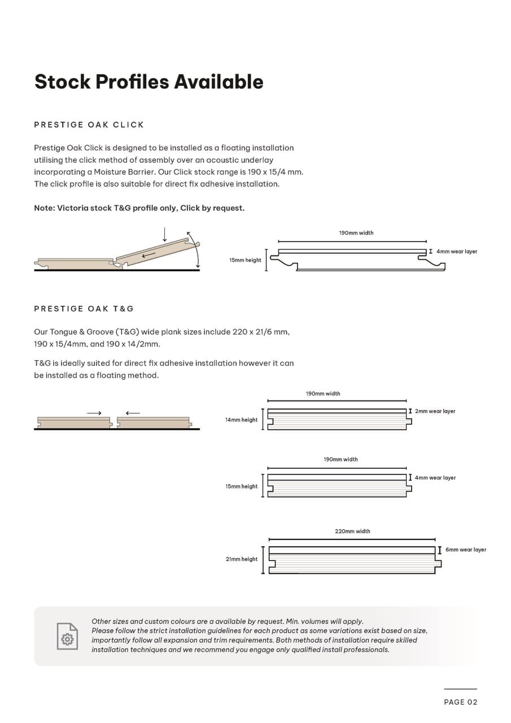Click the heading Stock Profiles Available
pos(149,82)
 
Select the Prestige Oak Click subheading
pos(89,124)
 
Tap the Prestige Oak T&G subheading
pos(84,308)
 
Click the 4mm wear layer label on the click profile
pos(456,251)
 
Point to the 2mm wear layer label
pos(435,411)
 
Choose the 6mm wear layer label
pos(465,550)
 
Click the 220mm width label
pos(352,531)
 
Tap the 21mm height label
pos(242,559)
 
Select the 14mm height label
pos(241,420)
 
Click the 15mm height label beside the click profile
pos(245,260)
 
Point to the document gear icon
pos(67,636)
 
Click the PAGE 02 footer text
pos(460,702)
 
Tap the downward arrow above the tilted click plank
pos(164,234)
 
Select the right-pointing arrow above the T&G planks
pos(94,413)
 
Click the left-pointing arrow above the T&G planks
pos(133,413)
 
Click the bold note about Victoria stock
pos(139,208)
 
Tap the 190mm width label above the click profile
pos(356,233)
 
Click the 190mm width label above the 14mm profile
pos(323,394)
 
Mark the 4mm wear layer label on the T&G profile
pos(435,478)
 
